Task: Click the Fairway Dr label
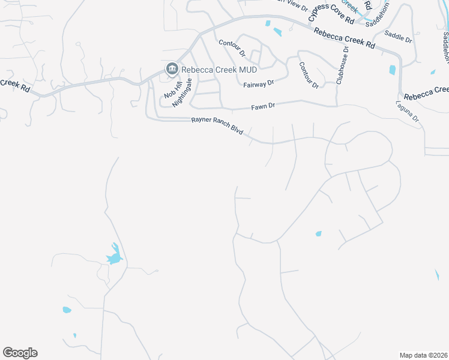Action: click(259, 84)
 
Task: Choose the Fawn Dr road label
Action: click(263, 106)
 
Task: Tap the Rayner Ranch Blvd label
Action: click(217, 124)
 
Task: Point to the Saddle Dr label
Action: click(398, 40)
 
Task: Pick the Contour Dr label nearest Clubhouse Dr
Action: click(309, 75)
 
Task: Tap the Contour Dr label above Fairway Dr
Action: click(232, 48)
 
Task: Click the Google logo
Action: click(20, 353)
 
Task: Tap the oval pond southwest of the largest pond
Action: click(67, 310)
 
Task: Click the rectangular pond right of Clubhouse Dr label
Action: click(392, 70)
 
